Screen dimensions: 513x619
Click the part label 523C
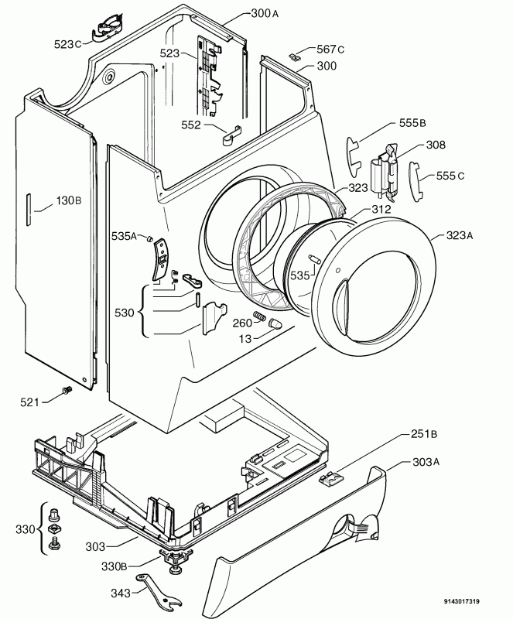[x=67, y=44]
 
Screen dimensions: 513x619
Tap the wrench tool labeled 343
[x=159, y=590]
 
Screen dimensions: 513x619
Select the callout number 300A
[x=265, y=14]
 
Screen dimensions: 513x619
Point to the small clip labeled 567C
[x=295, y=56]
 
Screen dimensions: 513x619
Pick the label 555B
[x=412, y=123]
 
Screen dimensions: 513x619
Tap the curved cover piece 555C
[x=416, y=181]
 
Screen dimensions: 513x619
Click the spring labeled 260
[x=259, y=316]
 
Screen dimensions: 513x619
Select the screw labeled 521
[x=66, y=390]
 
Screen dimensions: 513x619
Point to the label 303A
[x=426, y=461]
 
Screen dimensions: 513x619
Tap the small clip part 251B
[x=331, y=479]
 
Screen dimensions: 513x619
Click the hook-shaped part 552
[x=232, y=135]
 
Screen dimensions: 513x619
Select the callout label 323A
[x=460, y=236]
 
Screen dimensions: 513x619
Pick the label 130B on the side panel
[x=69, y=200]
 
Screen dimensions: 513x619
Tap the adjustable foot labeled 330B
[x=174, y=561]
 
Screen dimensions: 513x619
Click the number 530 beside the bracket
[x=125, y=313]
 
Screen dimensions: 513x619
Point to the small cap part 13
[x=274, y=323]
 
